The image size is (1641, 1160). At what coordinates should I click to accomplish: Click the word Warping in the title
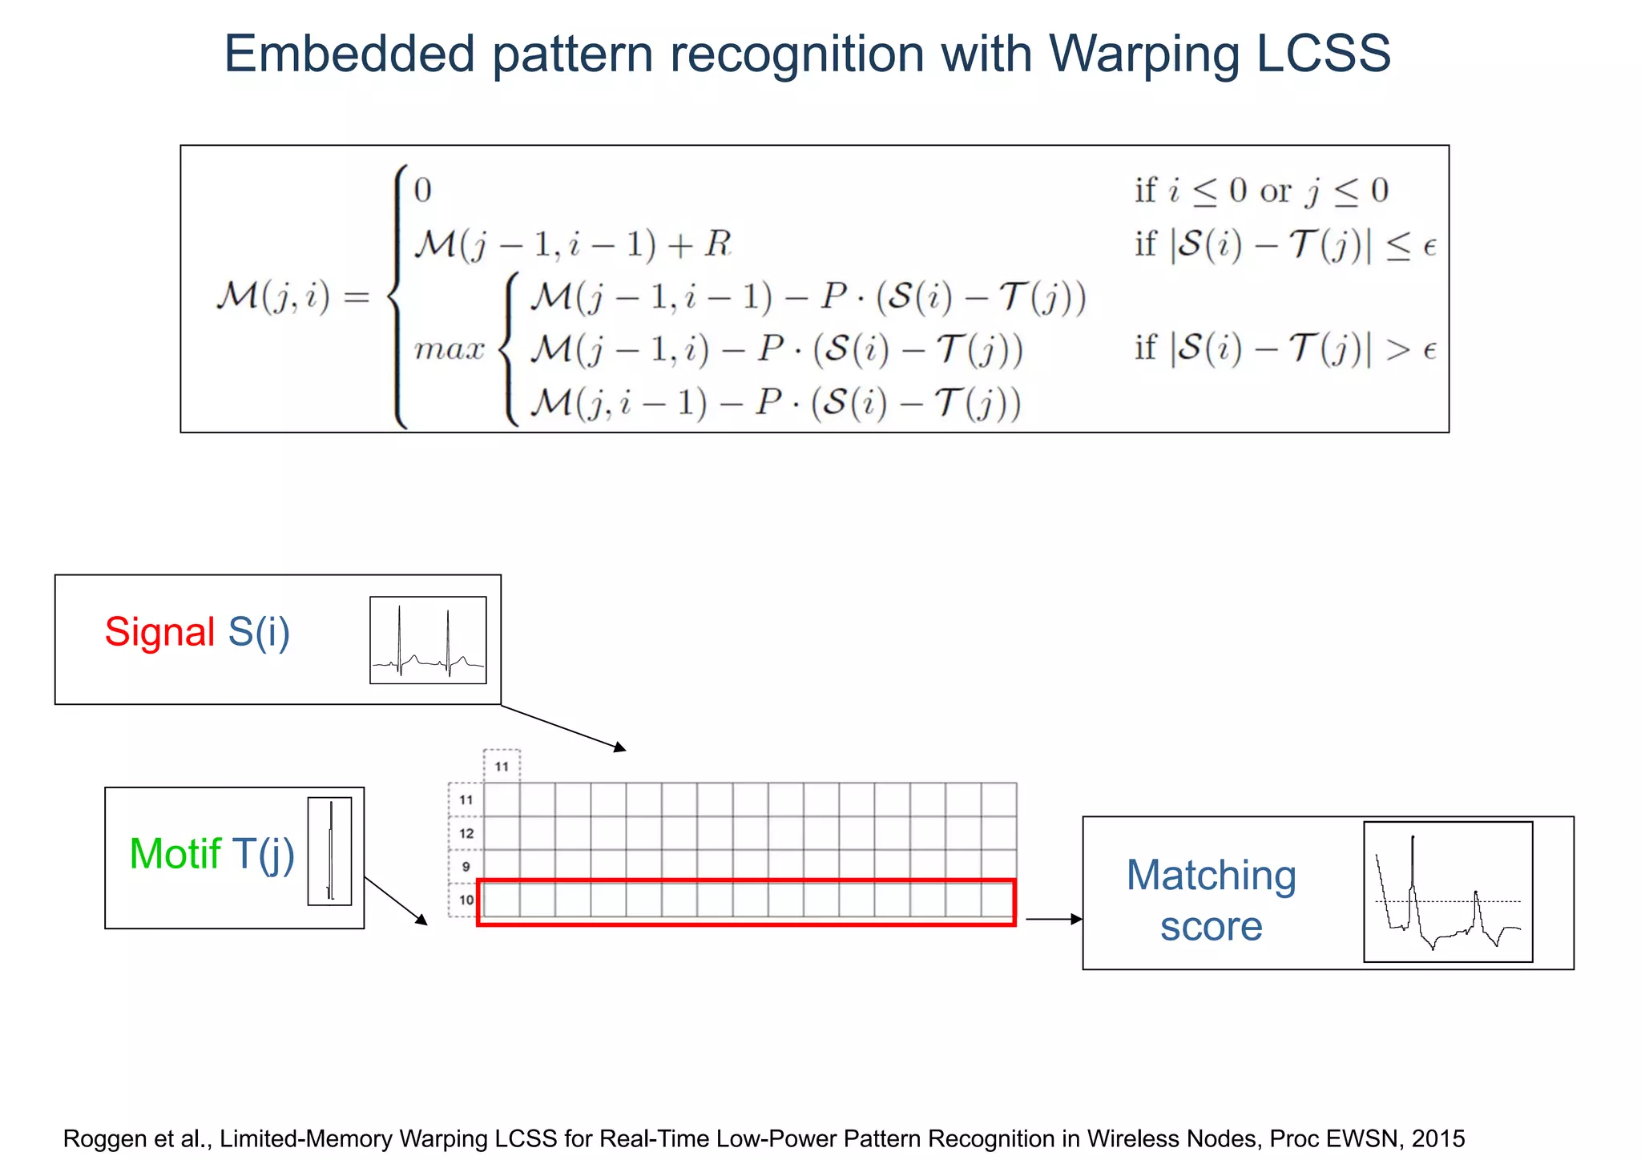coord(1143,54)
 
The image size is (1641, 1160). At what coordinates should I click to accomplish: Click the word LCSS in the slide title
coord(1323,54)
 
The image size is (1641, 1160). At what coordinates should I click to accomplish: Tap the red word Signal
coord(160,632)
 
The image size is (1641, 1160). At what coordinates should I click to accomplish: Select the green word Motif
coord(175,854)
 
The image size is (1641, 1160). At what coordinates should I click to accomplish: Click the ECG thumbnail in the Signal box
coord(428,640)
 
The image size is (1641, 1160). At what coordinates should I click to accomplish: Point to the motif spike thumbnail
coord(329,851)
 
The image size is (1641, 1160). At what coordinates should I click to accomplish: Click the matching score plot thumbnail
coord(1448,892)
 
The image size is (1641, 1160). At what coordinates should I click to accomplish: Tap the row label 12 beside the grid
coord(466,833)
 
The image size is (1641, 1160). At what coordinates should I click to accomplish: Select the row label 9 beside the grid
coord(466,867)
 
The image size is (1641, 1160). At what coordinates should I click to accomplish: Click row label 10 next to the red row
coord(466,900)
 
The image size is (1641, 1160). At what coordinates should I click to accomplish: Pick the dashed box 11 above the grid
coord(502,767)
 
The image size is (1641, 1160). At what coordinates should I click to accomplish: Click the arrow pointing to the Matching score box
coord(1054,919)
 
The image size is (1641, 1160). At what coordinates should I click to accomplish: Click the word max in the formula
coord(450,350)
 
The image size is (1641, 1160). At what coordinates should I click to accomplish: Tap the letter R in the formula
coord(718,244)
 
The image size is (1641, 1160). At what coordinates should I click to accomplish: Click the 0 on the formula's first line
coord(422,191)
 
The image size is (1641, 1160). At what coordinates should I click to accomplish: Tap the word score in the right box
coord(1211,927)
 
